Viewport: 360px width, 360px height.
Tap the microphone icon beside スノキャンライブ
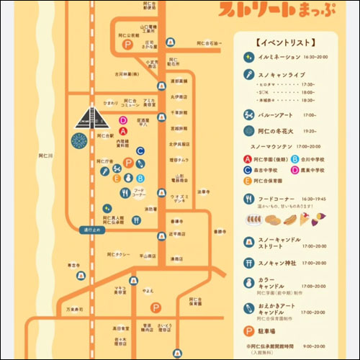[246, 74]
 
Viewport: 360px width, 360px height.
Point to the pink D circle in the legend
[294, 170]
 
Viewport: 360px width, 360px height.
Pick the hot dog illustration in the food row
[287, 220]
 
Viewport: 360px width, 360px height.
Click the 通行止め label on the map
[91, 230]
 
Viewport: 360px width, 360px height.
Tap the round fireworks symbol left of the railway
[80, 138]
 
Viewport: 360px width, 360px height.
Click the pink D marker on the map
[123, 121]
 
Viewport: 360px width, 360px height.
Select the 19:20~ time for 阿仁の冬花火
[310, 131]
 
